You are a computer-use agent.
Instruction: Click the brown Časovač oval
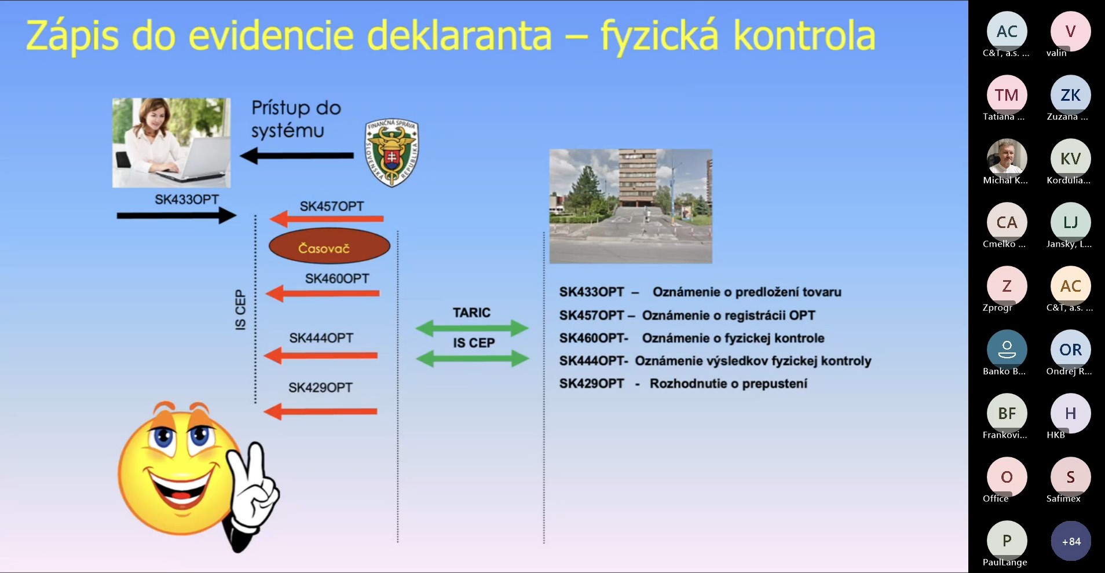[330, 246]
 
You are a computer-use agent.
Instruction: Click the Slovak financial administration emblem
[391, 153]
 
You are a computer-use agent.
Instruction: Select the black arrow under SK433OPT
[177, 216]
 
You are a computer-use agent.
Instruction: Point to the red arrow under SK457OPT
[327, 219]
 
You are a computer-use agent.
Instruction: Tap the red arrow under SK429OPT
[321, 412]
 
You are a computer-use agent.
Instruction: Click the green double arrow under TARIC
[472, 329]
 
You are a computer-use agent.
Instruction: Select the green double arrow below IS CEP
[472, 359]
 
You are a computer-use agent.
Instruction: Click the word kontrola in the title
[804, 36]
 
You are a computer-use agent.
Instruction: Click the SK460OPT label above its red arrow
[337, 279]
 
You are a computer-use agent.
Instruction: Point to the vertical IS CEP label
[240, 310]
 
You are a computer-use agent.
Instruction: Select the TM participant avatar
[1007, 95]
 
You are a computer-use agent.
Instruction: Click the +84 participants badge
[1071, 541]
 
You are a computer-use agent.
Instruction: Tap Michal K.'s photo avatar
[1007, 159]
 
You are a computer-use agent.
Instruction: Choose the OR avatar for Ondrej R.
[1071, 350]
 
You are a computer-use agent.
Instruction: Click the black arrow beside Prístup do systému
[297, 155]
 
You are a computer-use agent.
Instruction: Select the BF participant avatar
[1007, 413]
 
